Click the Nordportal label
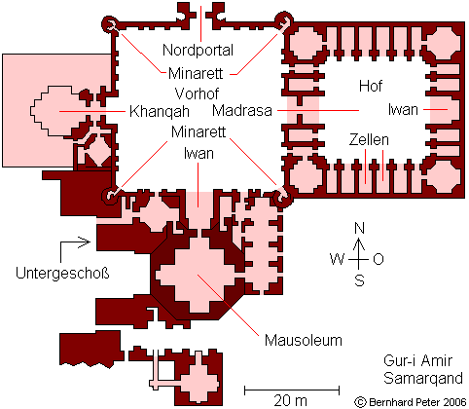pos(198,50)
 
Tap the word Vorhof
pos(197,93)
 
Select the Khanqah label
pos(160,112)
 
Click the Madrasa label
pos(242,110)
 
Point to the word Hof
pos(371,86)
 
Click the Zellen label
pos(369,139)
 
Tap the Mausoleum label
pos(304,340)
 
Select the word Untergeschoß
pos(62,274)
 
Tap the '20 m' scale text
pos(290,400)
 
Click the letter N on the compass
pos(359,228)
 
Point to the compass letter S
pos(359,280)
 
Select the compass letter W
pos(337,259)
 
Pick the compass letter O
pos(379,259)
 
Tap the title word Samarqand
pos(423,379)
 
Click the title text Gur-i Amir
pos(417,360)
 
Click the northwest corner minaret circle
pos(110,24)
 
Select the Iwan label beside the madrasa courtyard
pos(403,110)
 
